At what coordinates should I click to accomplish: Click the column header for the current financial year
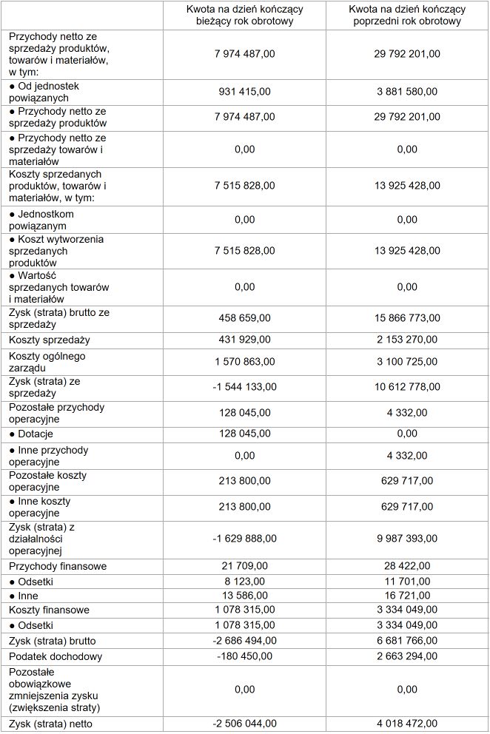(244, 16)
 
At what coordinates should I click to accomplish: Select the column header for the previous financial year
(406, 16)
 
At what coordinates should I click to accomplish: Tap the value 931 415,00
(244, 92)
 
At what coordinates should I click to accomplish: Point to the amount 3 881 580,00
(406, 92)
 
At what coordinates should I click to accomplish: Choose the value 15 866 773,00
(406, 318)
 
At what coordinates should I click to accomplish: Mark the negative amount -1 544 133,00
(244, 387)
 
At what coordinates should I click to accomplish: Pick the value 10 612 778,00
(406, 387)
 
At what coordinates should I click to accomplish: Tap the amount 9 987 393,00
(406, 539)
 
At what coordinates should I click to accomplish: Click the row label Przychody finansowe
(58, 566)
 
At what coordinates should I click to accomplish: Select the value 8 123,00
(244, 582)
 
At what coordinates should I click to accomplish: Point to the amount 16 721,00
(406, 596)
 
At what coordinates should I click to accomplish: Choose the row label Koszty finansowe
(49, 610)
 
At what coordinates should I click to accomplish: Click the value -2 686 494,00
(244, 641)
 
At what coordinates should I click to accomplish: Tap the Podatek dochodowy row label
(56, 656)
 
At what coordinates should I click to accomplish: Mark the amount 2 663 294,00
(406, 656)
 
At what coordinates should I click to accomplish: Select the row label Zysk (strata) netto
(52, 723)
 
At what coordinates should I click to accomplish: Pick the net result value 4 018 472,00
(406, 723)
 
